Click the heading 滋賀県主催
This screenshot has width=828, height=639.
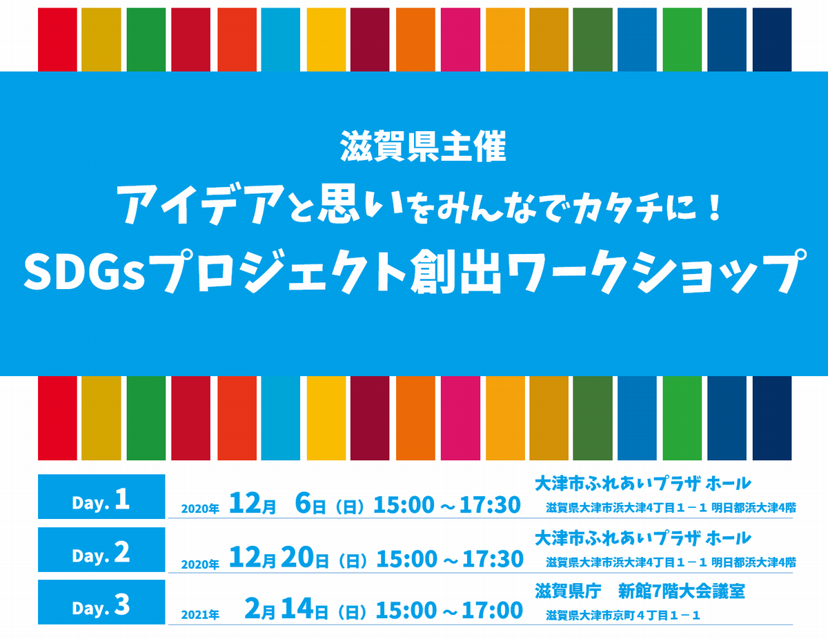click(423, 146)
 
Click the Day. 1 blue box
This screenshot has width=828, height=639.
click(101, 496)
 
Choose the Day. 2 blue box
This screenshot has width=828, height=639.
click(101, 549)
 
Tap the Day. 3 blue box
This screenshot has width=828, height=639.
click(101, 602)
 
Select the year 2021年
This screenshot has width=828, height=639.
click(200, 615)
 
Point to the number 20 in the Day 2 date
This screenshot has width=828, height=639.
click(298, 558)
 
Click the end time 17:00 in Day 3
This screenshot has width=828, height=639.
click(492, 611)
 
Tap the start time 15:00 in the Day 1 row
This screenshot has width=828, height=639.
click(404, 505)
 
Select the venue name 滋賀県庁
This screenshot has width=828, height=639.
click(568, 591)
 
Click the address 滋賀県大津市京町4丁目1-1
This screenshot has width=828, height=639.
click(623, 616)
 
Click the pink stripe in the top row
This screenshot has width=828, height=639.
click(460, 39)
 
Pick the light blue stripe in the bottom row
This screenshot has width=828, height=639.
click(280, 418)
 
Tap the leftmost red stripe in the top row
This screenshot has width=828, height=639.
click(57, 39)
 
